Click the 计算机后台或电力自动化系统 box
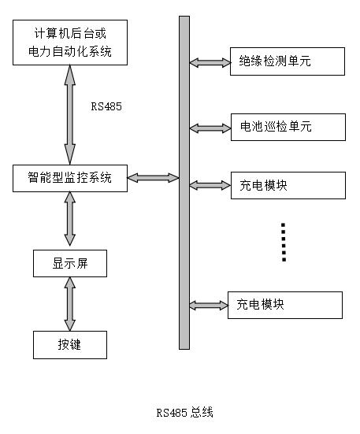point(70,43)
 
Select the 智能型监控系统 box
point(70,178)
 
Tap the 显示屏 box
point(70,263)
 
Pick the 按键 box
point(70,345)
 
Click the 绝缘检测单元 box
point(288,61)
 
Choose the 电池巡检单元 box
point(288,127)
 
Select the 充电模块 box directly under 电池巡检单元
point(288,185)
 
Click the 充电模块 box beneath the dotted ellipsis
point(285,305)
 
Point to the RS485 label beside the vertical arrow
point(106,106)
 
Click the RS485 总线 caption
point(185,413)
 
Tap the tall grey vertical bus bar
point(184,183)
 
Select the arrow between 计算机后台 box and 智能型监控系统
point(70,115)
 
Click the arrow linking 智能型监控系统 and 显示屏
point(70,219)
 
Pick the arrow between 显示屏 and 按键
point(70,304)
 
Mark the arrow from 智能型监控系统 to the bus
point(154,178)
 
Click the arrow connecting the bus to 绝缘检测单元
point(210,62)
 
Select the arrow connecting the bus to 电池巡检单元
point(210,128)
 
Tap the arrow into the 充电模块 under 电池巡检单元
point(210,185)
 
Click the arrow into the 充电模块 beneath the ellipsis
point(209,306)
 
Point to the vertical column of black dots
point(284,242)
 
